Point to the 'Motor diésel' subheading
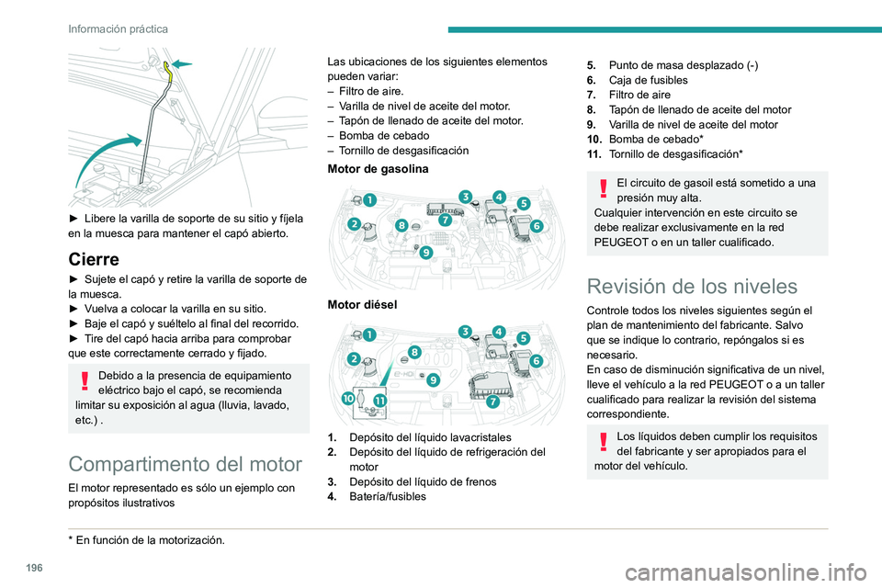362,303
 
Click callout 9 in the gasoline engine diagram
426,253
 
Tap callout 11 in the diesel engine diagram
379,400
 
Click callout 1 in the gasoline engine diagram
369,198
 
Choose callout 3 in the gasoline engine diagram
467,196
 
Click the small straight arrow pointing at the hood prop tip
185,63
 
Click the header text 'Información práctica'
118,28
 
